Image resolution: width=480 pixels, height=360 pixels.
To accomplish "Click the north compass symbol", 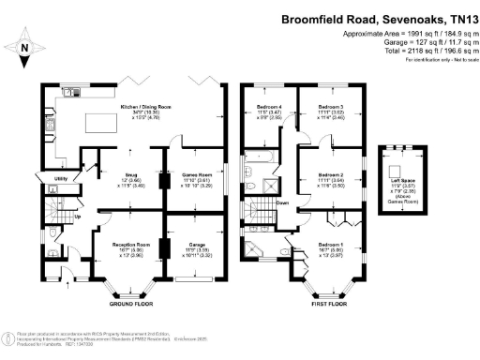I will tap(25, 46).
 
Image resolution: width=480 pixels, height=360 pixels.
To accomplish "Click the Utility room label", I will tap(51, 177).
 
